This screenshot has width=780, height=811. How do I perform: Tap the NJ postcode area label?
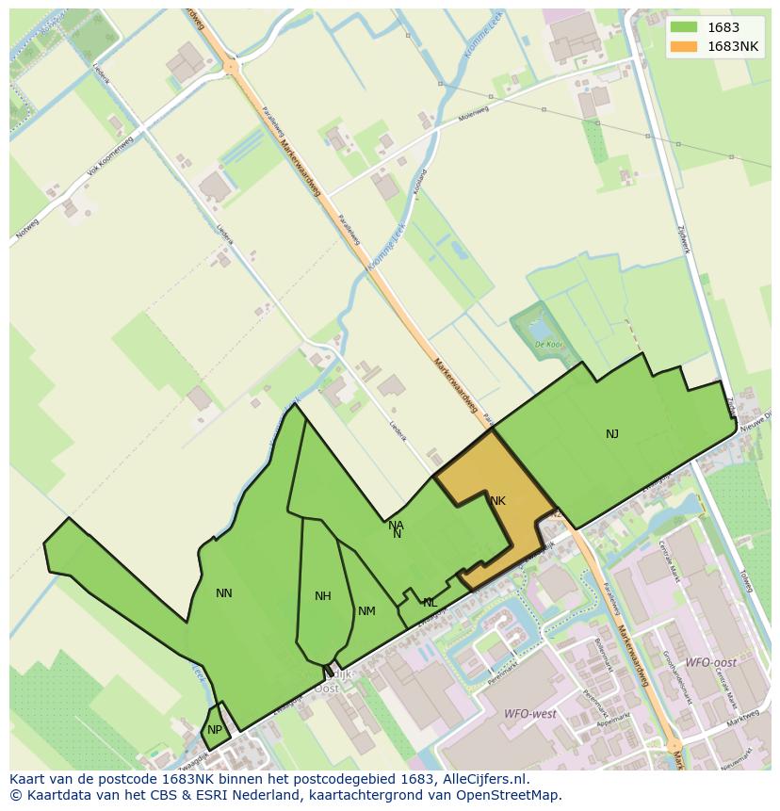pos(612,433)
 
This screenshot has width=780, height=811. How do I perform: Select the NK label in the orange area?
pos(497,501)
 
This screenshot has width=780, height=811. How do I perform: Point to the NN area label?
pos(223,593)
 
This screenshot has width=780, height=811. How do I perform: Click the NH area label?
pos(323,596)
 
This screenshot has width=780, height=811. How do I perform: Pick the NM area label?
pos(366,611)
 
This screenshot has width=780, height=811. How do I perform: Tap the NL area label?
pos(430,603)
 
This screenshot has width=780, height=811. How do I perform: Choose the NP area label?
pos(215,730)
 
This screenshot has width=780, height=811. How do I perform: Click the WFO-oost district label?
pos(710,663)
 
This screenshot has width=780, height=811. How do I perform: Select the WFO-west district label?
pos(529,713)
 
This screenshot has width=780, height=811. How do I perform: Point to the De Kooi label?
pos(548,345)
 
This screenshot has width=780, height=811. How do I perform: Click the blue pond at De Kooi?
pos(541,329)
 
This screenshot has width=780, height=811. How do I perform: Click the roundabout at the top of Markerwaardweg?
pos(231,67)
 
